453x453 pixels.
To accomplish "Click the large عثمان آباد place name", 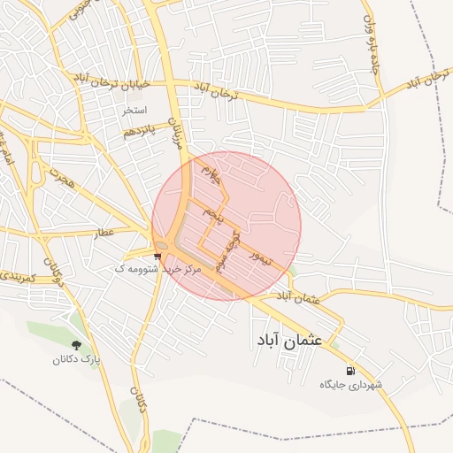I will (x=291, y=339).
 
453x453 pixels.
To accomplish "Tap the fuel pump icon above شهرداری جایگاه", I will (x=352, y=372).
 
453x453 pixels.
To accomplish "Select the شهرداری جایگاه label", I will (x=352, y=386).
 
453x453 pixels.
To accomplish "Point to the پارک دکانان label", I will (x=76, y=360).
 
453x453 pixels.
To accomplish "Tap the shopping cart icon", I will (x=157, y=257).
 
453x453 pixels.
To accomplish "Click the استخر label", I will (x=134, y=111).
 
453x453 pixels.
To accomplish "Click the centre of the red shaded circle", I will (x=226, y=226).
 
